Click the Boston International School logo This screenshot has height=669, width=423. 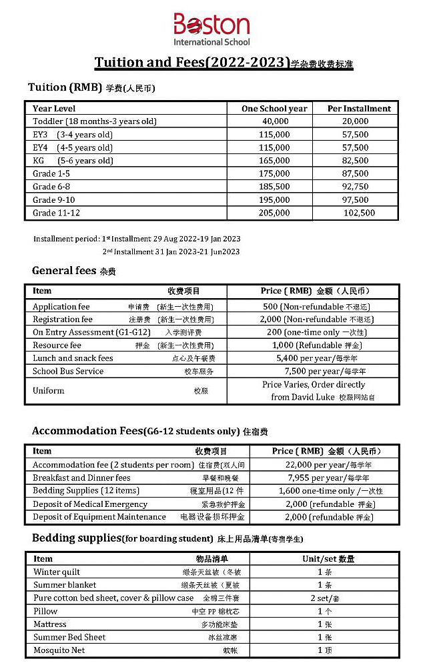[x=211, y=29]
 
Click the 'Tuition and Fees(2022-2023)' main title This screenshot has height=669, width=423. [x=192, y=63]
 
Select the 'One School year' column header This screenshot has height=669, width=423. [x=274, y=109]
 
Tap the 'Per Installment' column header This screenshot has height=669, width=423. [x=359, y=109]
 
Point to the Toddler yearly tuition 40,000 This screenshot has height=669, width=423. [x=275, y=121]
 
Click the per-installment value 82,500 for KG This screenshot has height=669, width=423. [x=355, y=161]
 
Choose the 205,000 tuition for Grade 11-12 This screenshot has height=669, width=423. [x=275, y=213]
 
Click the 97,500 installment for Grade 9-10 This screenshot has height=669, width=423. [x=355, y=200]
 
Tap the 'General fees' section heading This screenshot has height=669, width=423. [x=65, y=271]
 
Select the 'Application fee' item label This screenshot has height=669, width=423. [x=61, y=307]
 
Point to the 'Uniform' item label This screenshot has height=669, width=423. [x=49, y=391]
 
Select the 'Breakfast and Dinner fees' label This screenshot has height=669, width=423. [x=81, y=478]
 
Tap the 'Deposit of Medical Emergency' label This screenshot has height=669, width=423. [x=90, y=504]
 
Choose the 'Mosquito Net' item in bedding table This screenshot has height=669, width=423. [x=59, y=650]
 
